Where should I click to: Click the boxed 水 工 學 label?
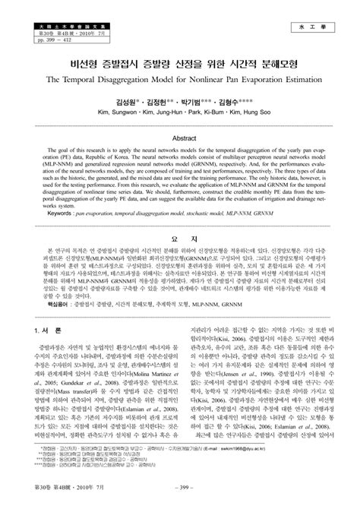tap(312, 26)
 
